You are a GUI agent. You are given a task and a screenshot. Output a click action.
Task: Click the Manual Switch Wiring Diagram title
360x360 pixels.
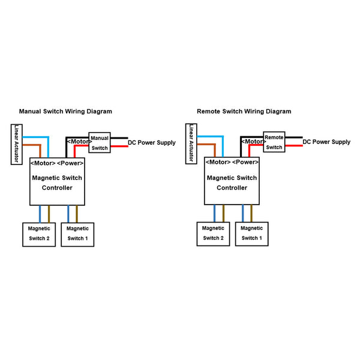[x=65, y=112]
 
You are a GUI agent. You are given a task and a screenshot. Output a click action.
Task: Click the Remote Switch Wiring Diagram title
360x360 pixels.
[x=244, y=112]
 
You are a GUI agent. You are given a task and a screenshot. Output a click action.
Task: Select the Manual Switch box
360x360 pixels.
[x=100, y=143]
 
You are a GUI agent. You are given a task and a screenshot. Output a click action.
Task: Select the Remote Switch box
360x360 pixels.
[x=274, y=142]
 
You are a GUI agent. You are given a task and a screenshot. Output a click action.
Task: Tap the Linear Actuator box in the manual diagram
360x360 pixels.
[x=17, y=144]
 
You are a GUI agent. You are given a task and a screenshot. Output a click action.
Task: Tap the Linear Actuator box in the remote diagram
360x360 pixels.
[x=191, y=144]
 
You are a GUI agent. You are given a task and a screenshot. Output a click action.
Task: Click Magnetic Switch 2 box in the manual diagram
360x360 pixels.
[x=39, y=233]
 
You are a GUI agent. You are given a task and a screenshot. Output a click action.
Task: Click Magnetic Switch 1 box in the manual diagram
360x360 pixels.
[x=77, y=233]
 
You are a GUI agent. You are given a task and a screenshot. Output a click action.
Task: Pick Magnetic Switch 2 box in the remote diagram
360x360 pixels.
[x=213, y=233]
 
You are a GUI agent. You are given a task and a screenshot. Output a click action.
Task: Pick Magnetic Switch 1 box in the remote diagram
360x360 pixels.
[x=251, y=233]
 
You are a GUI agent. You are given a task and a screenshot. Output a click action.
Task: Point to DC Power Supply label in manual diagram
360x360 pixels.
[x=152, y=143]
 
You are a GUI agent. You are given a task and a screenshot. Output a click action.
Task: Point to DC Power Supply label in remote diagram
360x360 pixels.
[x=326, y=142]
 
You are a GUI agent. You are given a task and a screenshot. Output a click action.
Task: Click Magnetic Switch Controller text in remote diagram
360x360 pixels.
[x=232, y=182]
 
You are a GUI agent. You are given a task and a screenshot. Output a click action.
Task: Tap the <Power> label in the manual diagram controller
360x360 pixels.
[x=71, y=163]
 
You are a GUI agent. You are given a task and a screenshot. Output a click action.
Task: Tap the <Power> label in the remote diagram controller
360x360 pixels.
[x=245, y=162]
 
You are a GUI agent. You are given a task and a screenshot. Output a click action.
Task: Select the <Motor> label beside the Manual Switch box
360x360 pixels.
[x=78, y=142]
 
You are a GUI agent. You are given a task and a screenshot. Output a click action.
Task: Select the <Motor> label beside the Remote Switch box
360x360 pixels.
[x=253, y=142]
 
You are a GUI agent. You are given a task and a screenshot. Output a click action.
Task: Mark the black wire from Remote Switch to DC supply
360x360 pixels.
[x=293, y=137]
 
